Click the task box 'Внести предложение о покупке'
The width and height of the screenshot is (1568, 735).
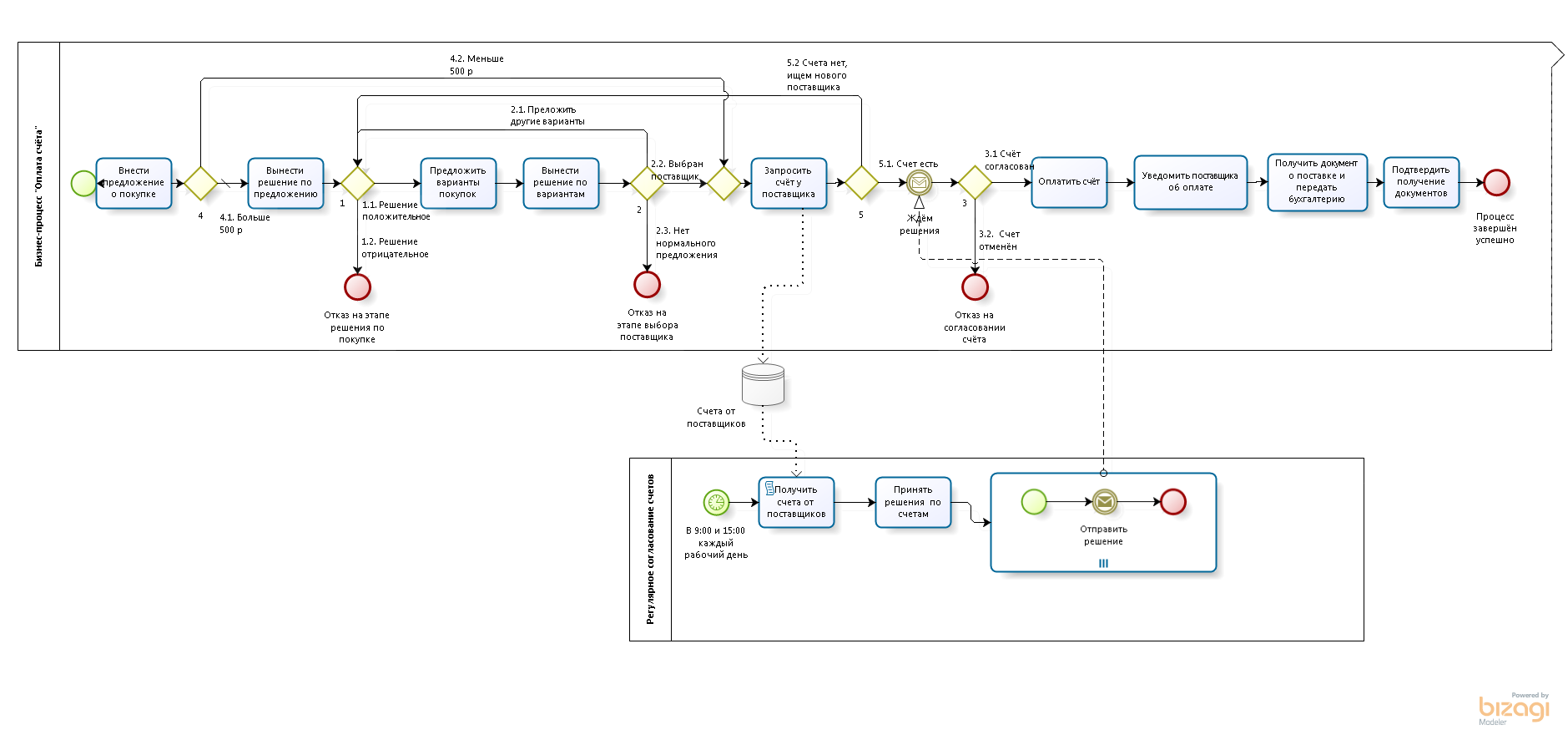[x=134, y=183]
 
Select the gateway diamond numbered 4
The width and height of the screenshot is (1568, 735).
[x=200, y=183]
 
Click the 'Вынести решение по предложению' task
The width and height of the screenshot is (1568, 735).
[x=285, y=183]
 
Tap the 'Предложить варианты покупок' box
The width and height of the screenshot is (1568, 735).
[x=458, y=183]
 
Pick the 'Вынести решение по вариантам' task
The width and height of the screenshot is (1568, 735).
[x=561, y=183]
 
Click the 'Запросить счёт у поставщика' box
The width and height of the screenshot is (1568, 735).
[x=789, y=183]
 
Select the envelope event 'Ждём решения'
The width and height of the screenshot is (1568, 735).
[x=919, y=182]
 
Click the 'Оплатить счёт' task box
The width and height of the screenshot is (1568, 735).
[x=1069, y=182]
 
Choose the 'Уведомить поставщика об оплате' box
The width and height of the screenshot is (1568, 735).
[x=1190, y=182]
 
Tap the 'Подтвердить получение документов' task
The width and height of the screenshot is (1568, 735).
[x=1421, y=182]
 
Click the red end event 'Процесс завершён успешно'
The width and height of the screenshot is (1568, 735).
[x=1496, y=182]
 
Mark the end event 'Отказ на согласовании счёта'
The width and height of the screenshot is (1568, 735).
[x=975, y=286]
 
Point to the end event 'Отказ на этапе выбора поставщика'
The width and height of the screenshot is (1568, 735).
[x=647, y=284]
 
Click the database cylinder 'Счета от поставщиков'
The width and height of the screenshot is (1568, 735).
[x=763, y=384]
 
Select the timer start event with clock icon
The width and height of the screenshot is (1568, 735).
[x=716, y=502]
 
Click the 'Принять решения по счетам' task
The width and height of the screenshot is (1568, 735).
[x=913, y=502]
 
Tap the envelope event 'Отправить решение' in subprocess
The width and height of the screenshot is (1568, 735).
[x=1104, y=501]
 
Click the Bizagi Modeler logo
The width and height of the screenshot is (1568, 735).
[x=1514, y=709]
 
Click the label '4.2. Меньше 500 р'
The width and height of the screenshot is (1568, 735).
[x=476, y=65]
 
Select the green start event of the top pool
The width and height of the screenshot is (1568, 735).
[x=83, y=183]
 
